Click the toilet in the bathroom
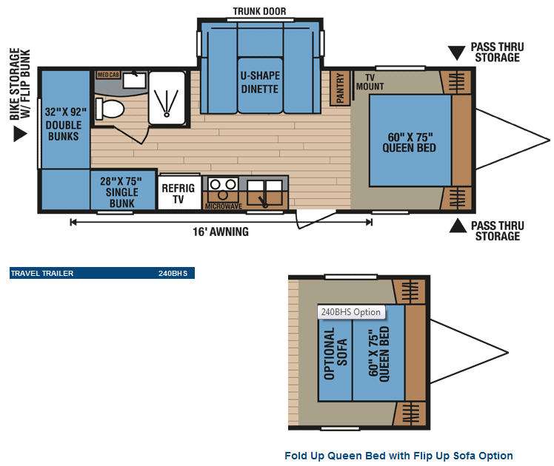coord(110,109)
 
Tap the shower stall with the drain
coord(167,98)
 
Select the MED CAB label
coord(108,75)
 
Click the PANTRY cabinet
coord(340,88)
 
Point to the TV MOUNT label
coord(370,82)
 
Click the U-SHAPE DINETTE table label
coord(260,82)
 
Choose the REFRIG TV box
coord(178,192)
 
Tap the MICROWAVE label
coord(223,206)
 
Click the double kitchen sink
coord(264,192)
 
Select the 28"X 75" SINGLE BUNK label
coord(121,192)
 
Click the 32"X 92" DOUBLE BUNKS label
coord(64,124)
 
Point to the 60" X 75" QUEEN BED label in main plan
coord(410,143)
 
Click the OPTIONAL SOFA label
coord(336,353)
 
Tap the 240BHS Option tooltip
coord(351,312)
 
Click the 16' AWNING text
coord(221,232)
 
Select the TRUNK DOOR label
coord(259,11)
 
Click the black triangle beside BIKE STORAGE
coord(20,134)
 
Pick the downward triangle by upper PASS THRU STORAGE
coord(456,53)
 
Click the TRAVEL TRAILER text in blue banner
coord(42,274)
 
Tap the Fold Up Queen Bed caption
coord(398,456)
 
